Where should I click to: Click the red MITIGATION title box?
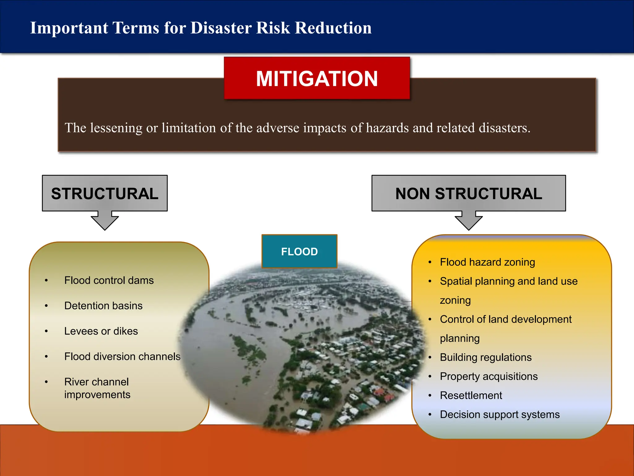coord(317,78)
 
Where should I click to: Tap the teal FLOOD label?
coord(299,251)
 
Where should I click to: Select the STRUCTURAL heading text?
coord(105,194)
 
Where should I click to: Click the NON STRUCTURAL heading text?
coord(468,194)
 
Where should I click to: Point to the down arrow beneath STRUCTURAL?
coord(105,222)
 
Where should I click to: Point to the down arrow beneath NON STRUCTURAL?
coord(468,222)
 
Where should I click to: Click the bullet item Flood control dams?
coord(109,280)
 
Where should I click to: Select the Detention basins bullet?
coord(103,306)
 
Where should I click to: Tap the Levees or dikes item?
coord(101,331)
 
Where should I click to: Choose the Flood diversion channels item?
coord(122,357)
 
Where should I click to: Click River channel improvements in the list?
coord(97,388)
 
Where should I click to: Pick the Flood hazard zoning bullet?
coord(487,262)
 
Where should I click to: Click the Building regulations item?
coord(485,357)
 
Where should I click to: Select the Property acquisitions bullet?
coord(489,377)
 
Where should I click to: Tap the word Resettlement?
coord(471,395)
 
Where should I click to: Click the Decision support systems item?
coord(500,415)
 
